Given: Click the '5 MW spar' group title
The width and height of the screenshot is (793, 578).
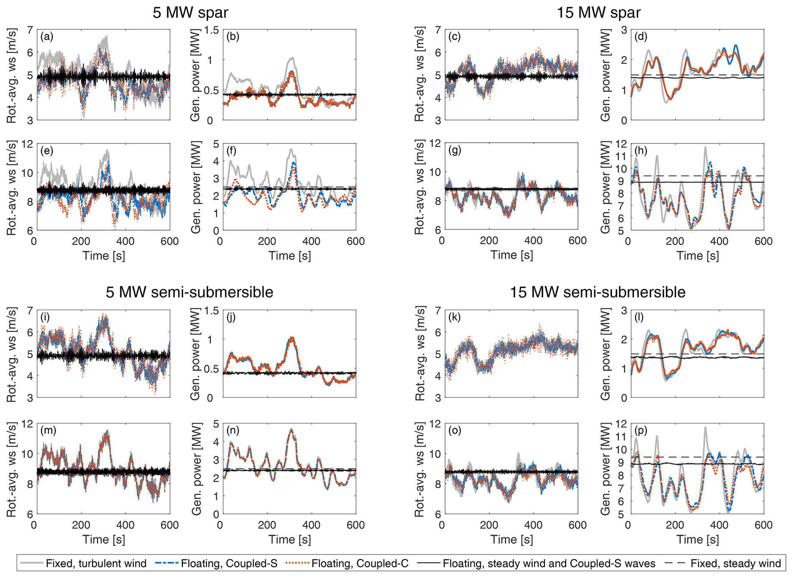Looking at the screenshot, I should point(190,13).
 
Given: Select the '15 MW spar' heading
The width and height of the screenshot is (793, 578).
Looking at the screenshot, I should point(598,13).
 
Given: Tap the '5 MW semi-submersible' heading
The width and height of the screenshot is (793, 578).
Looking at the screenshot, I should point(190,292).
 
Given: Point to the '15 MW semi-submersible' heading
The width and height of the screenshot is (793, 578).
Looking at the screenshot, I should point(597,292).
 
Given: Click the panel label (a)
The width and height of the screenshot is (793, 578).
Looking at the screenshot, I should point(47,37).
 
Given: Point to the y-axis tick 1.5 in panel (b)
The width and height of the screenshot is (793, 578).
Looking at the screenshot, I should point(209,30).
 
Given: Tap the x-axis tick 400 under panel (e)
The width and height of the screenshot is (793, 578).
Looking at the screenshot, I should point(125,241).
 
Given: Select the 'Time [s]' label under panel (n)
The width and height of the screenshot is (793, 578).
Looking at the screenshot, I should point(290,539).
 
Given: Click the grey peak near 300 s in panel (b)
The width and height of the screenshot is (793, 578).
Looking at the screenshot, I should point(292,58).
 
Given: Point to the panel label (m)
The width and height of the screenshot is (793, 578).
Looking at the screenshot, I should point(48,431).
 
